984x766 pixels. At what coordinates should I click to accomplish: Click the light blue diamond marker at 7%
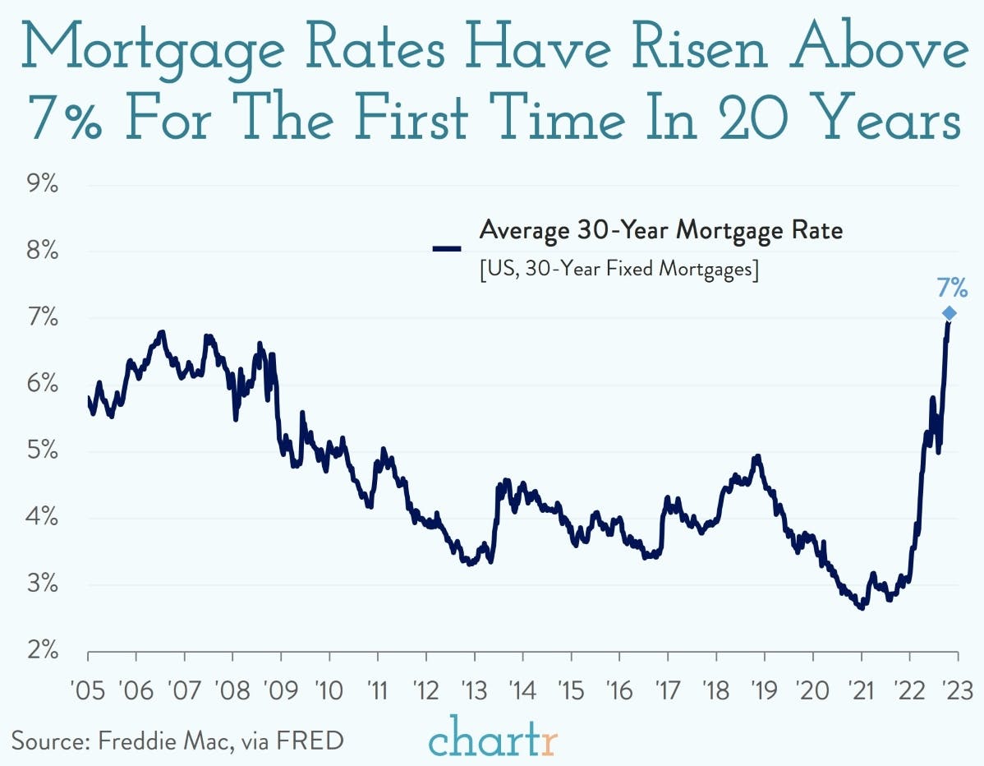(x=949, y=313)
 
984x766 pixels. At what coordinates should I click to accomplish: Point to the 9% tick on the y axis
(x=39, y=185)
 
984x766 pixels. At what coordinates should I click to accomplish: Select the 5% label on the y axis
(x=39, y=451)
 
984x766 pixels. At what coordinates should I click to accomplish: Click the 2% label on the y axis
(x=39, y=651)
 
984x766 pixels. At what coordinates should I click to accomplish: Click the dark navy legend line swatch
(x=448, y=246)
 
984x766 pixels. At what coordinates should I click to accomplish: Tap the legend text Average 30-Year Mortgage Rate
(x=660, y=231)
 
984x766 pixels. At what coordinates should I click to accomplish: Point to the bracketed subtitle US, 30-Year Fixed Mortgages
(x=618, y=270)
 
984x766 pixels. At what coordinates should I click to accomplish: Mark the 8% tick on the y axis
(x=39, y=251)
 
